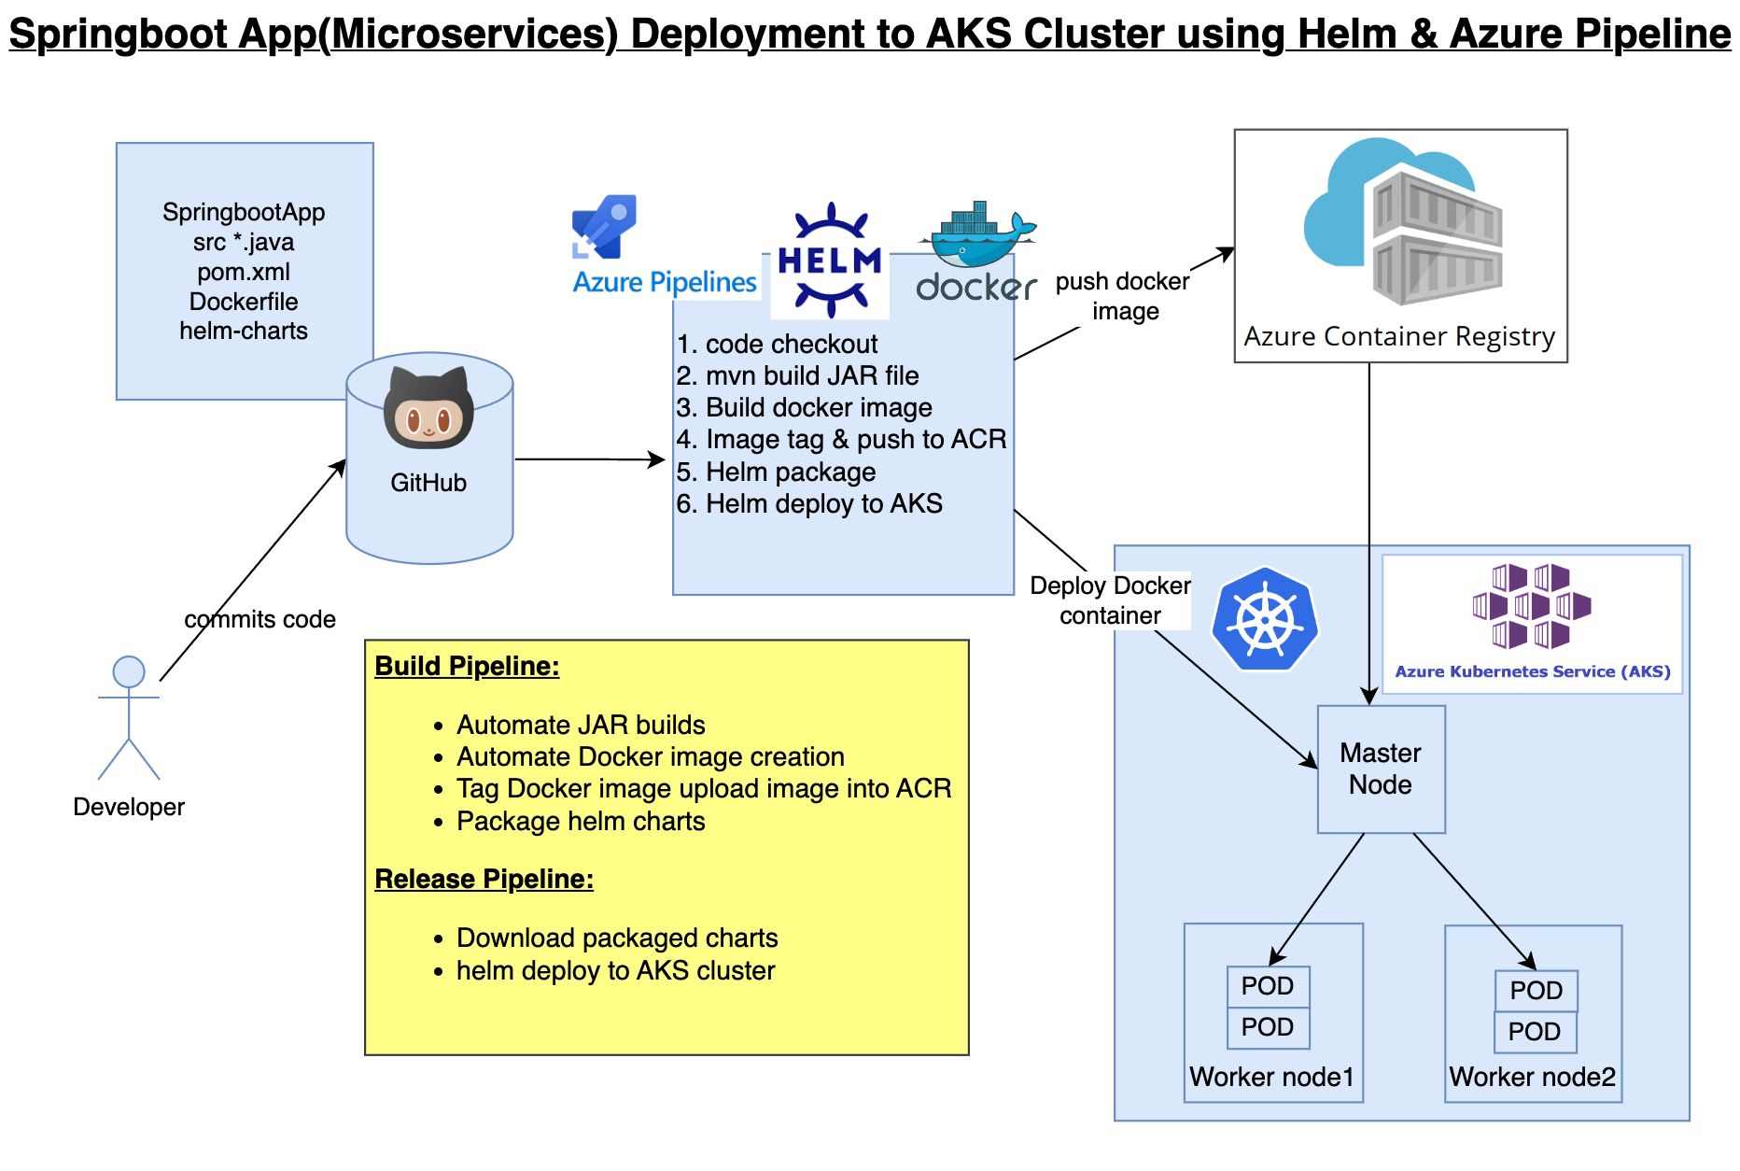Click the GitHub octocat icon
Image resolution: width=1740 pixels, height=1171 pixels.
(428, 408)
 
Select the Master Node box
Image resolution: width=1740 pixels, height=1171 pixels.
(1381, 769)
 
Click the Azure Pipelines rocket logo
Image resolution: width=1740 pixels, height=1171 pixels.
(604, 226)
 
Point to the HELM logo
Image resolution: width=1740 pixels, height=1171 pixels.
(830, 261)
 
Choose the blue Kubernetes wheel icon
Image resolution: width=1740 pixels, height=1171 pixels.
(1265, 619)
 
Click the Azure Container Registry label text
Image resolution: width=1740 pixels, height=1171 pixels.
(1399, 336)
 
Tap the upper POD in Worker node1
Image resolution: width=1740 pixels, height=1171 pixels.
(1268, 986)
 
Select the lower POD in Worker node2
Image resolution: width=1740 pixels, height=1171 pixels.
(1535, 1032)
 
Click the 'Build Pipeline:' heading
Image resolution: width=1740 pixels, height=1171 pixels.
(467, 666)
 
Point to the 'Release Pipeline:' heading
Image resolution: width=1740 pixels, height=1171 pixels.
(484, 879)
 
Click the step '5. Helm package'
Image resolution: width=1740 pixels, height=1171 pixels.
(776, 472)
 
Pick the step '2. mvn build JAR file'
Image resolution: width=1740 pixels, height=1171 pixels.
(797, 375)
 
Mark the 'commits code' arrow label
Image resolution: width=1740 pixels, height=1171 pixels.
(260, 619)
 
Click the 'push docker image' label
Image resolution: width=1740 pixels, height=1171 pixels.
(1123, 296)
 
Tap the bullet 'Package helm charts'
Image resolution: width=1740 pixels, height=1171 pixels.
(580, 821)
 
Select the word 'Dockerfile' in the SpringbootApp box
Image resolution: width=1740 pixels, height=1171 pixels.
(244, 302)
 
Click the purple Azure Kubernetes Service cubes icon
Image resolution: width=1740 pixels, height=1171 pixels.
(1532, 606)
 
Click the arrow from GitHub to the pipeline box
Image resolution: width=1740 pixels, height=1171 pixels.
(589, 459)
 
